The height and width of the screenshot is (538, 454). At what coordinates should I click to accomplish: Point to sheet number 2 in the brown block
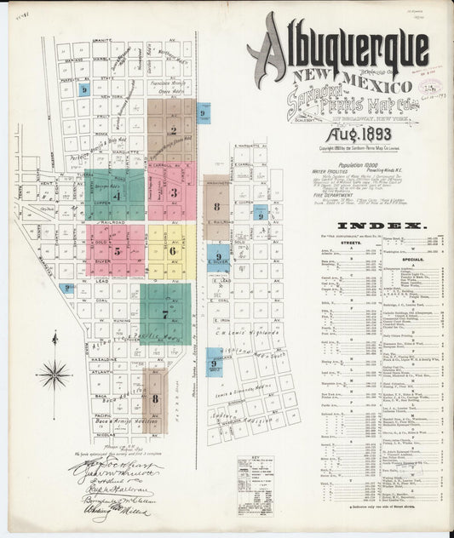point(173,131)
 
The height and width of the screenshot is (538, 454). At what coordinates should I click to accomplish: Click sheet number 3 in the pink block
point(173,192)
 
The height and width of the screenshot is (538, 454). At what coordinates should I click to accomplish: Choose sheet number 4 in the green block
point(117,196)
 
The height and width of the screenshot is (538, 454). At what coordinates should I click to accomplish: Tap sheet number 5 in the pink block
point(117,251)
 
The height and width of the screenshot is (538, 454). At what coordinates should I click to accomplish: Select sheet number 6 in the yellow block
point(173,250)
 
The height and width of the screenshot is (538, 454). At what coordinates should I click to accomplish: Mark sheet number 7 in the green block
point(165,313)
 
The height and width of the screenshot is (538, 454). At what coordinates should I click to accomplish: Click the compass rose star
point(55,372)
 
